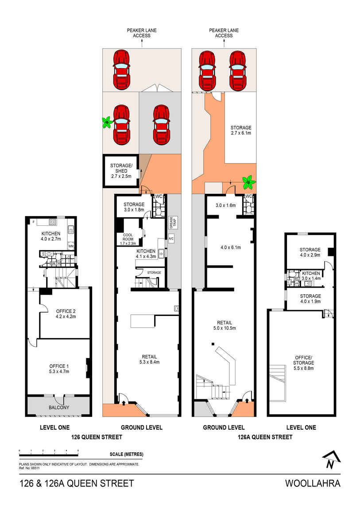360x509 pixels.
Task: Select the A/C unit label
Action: pos(171,239)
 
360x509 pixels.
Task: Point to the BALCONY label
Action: pos(59,408)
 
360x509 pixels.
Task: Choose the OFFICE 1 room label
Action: pos(59,368)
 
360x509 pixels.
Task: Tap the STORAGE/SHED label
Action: pos(119,171)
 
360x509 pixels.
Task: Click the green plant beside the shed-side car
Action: pos(107,123)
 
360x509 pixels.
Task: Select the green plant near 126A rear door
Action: pos(248,181)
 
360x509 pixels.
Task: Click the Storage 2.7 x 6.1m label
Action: pos(240,130)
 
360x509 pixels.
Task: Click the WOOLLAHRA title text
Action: pos(313,483)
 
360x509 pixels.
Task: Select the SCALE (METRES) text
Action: pos(126,454)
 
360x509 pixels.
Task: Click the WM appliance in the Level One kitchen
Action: pos(70,246)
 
